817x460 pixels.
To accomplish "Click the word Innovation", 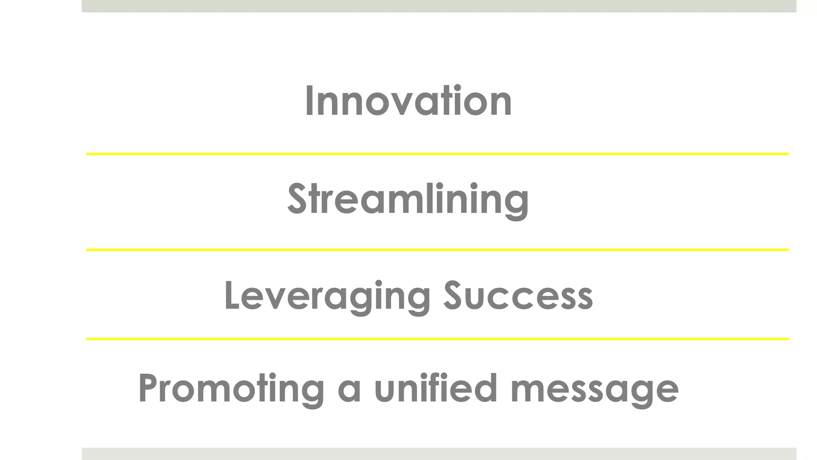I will coord(408,101).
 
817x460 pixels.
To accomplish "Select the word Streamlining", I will coord(408,199).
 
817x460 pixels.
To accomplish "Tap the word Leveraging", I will coord(327,296).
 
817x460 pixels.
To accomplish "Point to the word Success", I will coord(519,296).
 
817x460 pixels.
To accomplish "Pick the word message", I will coord(594,389).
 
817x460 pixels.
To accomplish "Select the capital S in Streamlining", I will coord(297,199).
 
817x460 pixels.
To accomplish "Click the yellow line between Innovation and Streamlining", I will coord(437,154).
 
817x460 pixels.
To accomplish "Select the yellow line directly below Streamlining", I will coord(437,250).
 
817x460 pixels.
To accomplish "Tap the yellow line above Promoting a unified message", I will coord(437,339).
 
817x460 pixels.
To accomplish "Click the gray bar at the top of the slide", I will coord(439,6).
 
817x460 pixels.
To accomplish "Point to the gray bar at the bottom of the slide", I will coord(439,454).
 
